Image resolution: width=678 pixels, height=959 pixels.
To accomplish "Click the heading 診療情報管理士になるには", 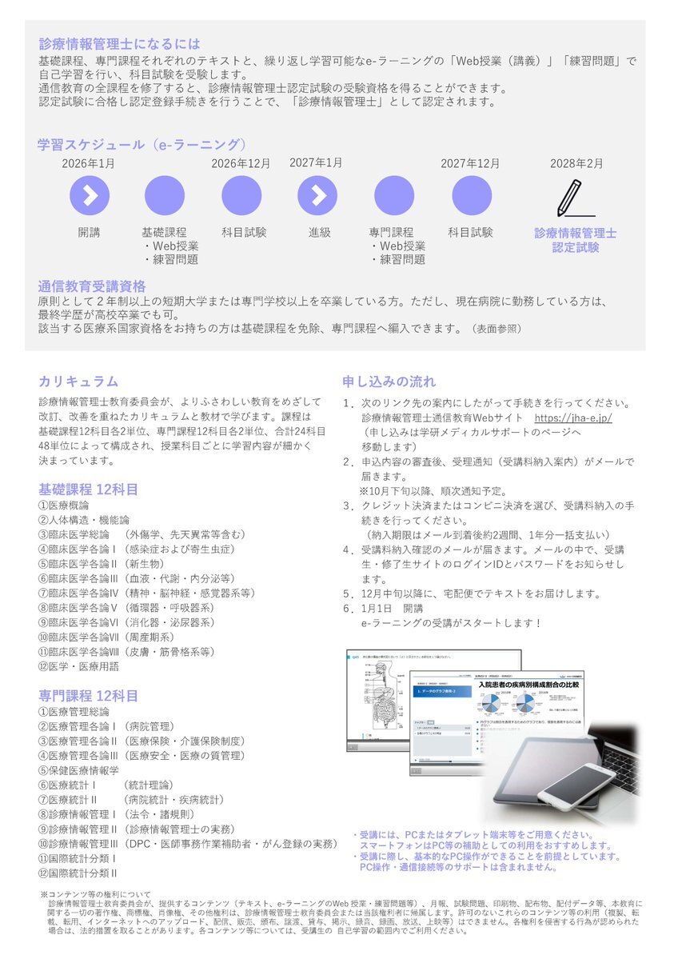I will [119, 44].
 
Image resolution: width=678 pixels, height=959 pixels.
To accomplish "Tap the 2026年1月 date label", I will [88, 164].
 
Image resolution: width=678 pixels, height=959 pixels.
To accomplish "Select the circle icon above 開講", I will [90, 196].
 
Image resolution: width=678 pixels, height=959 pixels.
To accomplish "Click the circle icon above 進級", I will [317, 196].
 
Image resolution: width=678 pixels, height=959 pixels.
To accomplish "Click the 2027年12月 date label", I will [470, 164].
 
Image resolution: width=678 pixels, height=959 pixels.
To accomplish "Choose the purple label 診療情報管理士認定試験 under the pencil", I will [576, 240].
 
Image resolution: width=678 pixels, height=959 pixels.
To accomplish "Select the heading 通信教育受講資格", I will [92, 286].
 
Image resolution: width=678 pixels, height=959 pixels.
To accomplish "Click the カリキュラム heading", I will [78, 381].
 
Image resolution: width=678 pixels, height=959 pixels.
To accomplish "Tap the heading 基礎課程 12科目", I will [89, 488].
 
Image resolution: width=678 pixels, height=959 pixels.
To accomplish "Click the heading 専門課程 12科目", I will [89, 695].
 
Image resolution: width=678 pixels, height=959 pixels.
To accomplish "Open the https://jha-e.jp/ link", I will [572, 418].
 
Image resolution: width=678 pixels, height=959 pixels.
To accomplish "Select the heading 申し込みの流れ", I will [389, 381].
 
